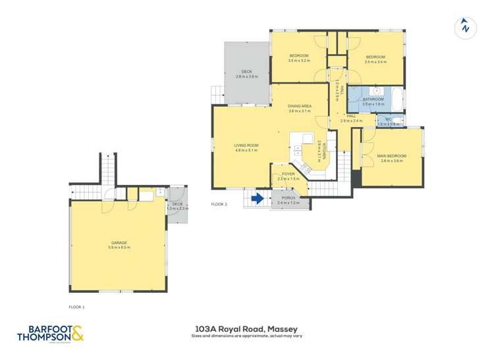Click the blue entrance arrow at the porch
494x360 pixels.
[x=258, y=197]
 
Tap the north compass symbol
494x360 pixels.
[x=465, y=27]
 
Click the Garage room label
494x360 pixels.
[x=119, y=244]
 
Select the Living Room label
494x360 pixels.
[x=247, y=146]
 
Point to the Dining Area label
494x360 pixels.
[x=300, y=107]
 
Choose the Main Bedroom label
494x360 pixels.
[x=391, y=157]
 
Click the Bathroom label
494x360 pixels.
[x=373, y=100]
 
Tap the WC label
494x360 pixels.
[x=389, y=120]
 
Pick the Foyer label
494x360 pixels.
[x=288, y=174]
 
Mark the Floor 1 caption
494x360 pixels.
[x=77, y=307]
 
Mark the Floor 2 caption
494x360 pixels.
[x=219, y=204]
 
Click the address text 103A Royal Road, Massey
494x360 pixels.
[x=246, y=328]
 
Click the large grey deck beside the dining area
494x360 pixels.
[x=246, y=72]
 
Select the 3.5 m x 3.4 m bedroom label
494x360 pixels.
[x=376, y=58]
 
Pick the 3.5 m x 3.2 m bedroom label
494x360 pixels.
[x=299, y=57]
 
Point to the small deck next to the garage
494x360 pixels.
[x=177, y=205]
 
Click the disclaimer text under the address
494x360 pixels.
[x=246, y=336]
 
